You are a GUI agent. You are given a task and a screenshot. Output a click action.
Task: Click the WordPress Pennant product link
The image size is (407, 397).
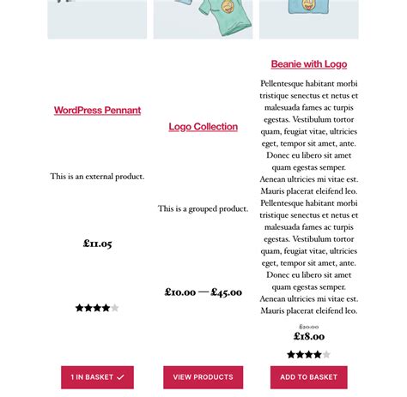click(x=97, y=111)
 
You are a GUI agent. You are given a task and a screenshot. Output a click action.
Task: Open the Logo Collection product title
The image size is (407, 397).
click(x=203, y=127)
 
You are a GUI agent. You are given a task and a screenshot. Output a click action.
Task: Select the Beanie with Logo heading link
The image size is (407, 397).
click(x=309, y=64)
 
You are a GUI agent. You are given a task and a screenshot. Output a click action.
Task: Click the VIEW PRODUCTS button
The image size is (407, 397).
click(x=203, y=377)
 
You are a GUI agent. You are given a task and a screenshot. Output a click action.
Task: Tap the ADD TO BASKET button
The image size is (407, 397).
click(x=308, y=377)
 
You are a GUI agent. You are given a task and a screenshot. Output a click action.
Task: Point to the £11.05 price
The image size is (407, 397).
click(x=97, y=244)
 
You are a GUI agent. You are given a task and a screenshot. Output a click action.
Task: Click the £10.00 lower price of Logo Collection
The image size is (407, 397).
click(x=180, y=292)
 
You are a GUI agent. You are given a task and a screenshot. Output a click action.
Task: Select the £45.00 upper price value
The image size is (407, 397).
click(x=227, y=292)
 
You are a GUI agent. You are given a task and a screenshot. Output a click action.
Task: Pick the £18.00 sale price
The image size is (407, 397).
click(x=309, y=336)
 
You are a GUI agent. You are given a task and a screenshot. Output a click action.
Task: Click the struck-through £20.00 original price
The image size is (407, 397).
click(x=309, y=327)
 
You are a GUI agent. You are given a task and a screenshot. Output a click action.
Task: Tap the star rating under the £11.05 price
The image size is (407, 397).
click(x=97, y=308)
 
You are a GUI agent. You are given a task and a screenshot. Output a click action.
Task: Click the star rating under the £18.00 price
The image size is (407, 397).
click(x=308, y=355)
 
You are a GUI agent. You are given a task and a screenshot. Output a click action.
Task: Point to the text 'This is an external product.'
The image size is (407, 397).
click(x=97, y=177)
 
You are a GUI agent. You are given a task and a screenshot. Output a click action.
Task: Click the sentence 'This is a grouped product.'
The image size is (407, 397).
click(x=203, y=208)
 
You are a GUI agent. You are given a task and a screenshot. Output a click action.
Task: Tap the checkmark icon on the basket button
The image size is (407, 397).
click(x=120, y=377)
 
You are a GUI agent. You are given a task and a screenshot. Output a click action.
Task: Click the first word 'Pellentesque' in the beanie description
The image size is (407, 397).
click(x=285, y=84)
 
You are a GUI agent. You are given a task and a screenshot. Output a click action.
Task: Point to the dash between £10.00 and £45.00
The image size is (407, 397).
click(x=203, y=292)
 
